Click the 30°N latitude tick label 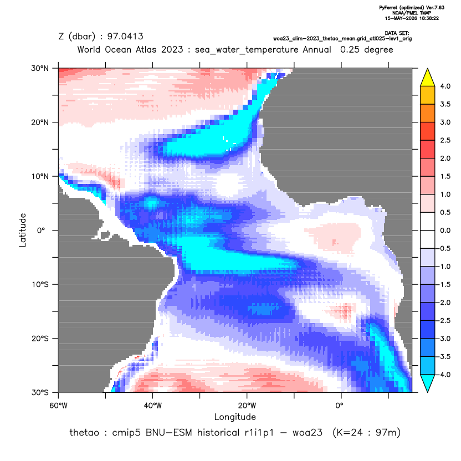pyautogui.click(x=40, y=68)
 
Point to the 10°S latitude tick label pyautogui.click(x=40, y=285)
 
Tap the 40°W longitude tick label pyautogui.click(x=152, y=406)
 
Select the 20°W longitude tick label pyautogui.click(x=247, y=406)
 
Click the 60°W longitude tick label pyautogui.click(x=59, y=406)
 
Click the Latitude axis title pyautogui.click(x=23, y=230)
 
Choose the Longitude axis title pyautogui.click(x=235, y=417)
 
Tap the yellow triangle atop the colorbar pyautogui.click(x=428, y=78)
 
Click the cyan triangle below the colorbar pyautogui.click(x=428, y=383)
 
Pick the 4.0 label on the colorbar pyautogui.click(x=445, y=86)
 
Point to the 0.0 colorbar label pyautogui.click(x=445, y=230)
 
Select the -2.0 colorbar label pyautogui.click(x=444, y=303)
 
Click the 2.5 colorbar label pyautogui.click(x=445, y=140)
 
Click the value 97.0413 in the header pyautogui.click(x=125, y=37)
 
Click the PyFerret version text pyautogui.click(x=412, y=8)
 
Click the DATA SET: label pyautogui.click(x=397, y=33)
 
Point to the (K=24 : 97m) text pyautogui.click(x=366, y=433)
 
